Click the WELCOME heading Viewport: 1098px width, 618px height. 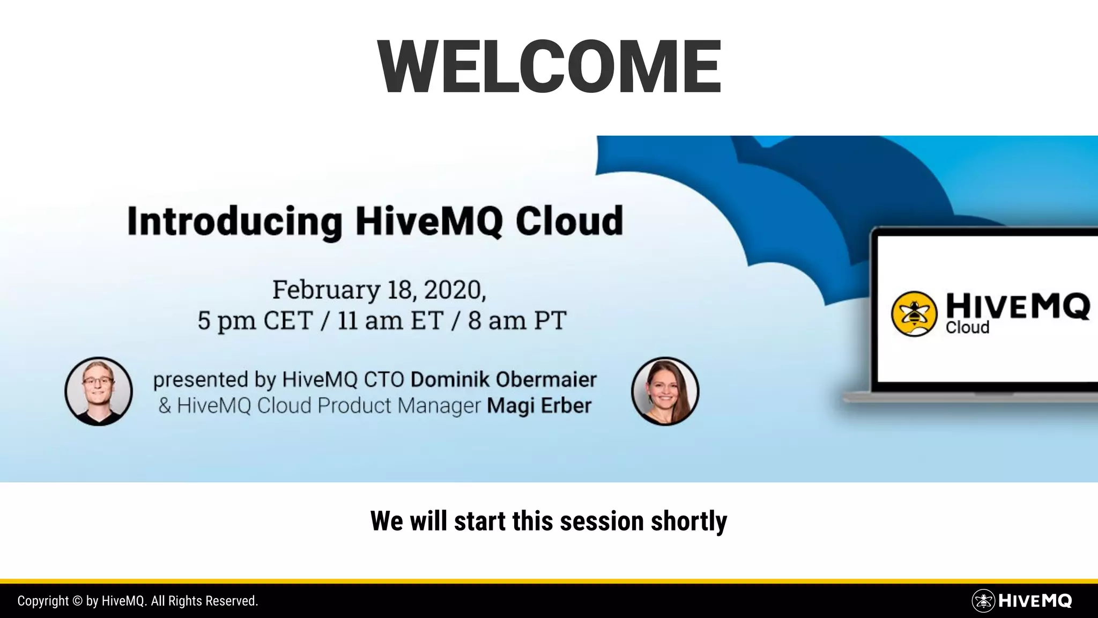coord(549,67)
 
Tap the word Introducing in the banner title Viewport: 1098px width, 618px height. coord(234,222)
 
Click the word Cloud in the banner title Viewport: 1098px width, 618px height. coord(569,222)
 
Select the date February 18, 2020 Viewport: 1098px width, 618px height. coord(379,290)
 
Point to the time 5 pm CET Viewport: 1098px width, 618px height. coord(255,321)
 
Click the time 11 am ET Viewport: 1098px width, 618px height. coord(390,321)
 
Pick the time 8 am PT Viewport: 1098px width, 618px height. coord(517,321)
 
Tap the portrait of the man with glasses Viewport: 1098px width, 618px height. coord(99,391)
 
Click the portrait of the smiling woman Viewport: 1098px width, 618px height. coord(665,391)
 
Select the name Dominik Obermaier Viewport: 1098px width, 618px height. coord(503,380)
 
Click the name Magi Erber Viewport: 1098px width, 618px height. coord(539,406)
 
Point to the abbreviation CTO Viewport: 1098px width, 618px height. coord(384,380)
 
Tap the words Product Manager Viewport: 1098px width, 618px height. coord(399,406)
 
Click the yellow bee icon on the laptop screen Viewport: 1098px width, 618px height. coord(914,314)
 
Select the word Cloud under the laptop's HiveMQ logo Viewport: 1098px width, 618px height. coord(967,328)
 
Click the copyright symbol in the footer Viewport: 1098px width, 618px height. coord(77,601)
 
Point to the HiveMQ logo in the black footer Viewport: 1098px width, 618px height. coord(1022,601)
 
